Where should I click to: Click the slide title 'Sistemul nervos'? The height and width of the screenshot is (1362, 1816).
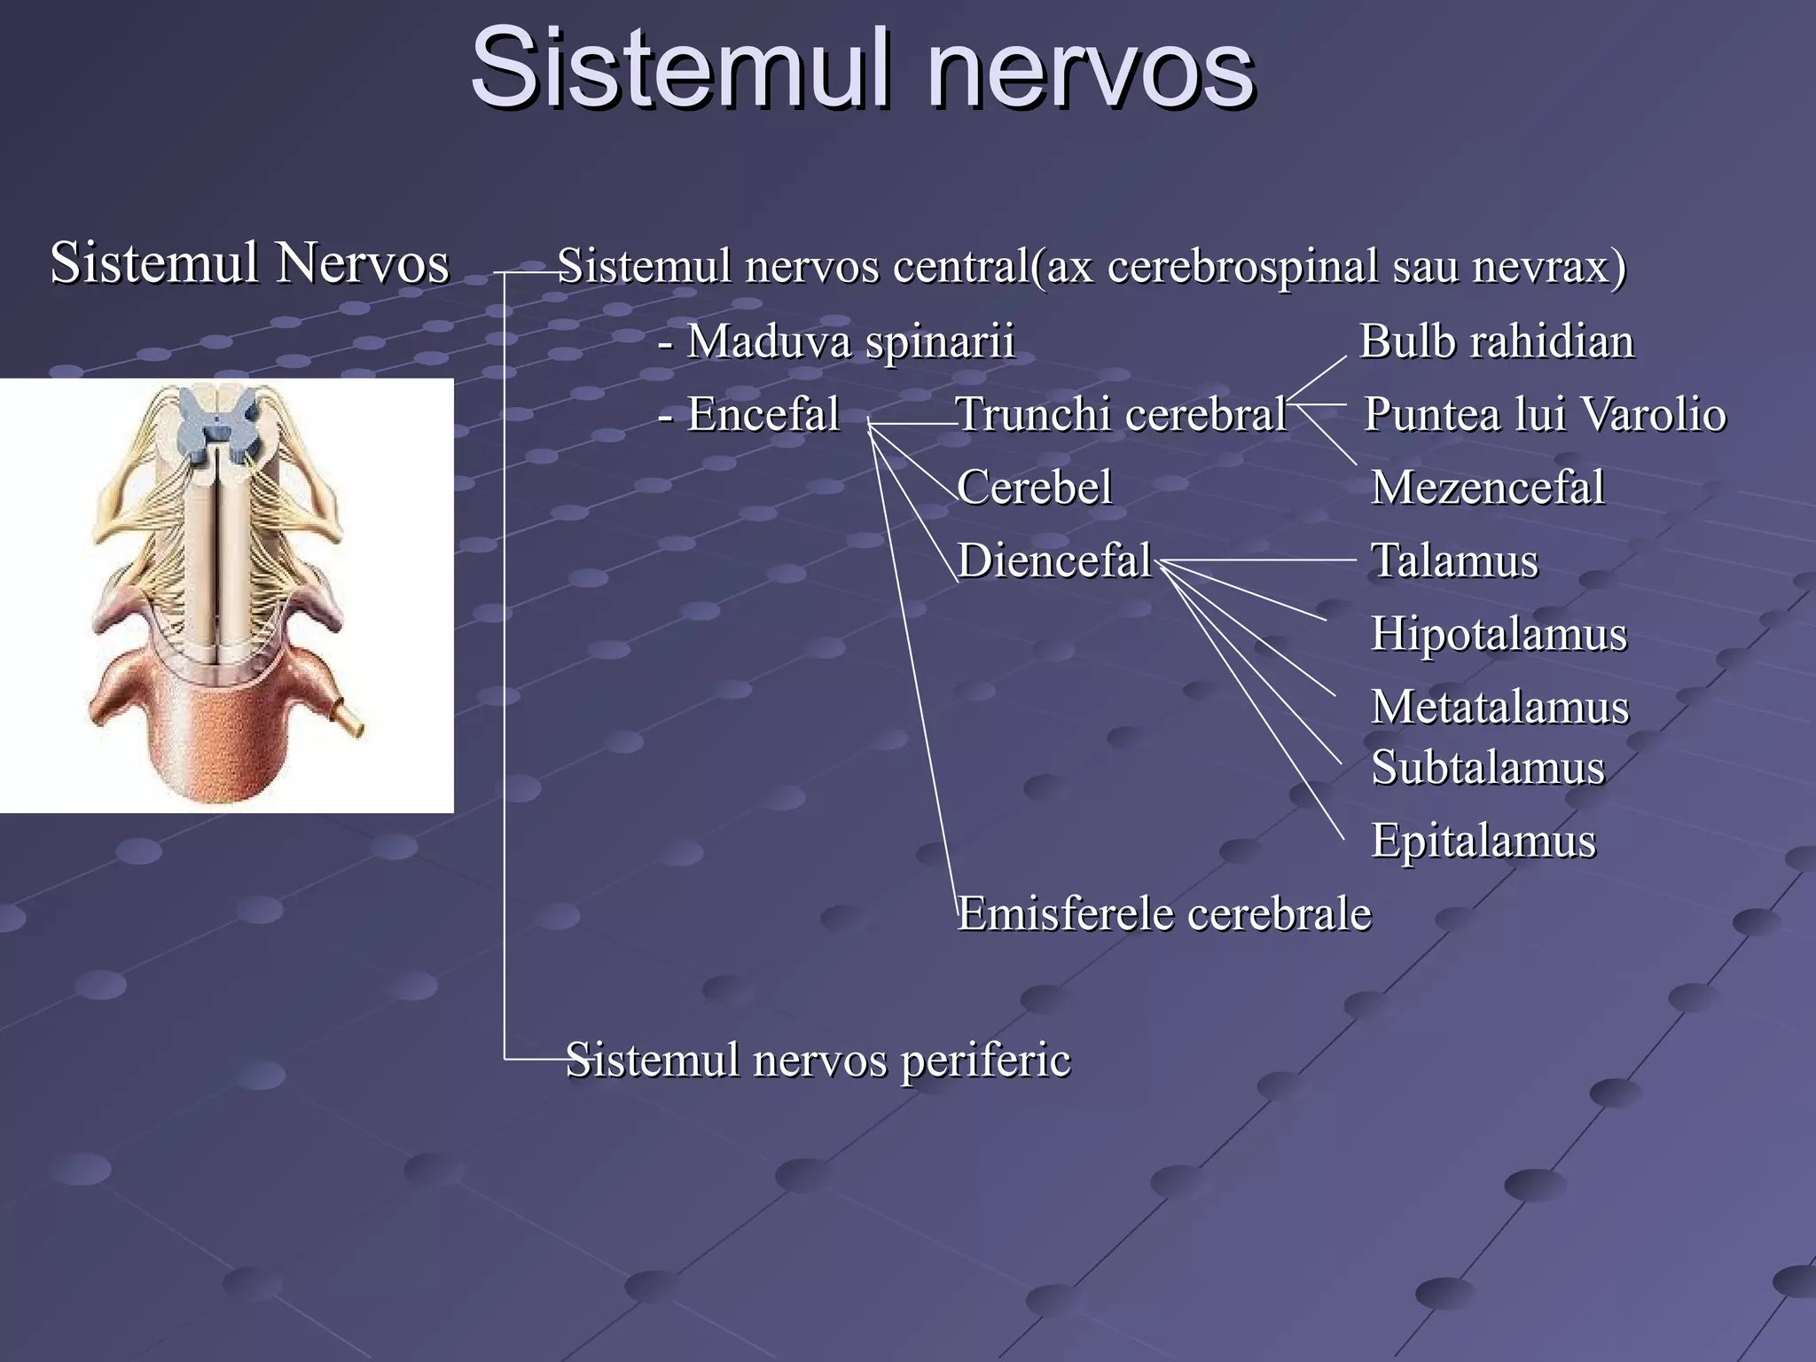pos(862,69)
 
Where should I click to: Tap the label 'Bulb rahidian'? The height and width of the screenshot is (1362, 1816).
pos(1497,341)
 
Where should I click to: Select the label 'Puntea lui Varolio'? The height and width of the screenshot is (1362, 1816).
pos(1545,414)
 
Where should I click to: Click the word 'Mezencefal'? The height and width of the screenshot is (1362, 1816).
pos(1488,487)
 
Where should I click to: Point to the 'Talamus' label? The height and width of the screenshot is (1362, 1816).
pos(1454,560)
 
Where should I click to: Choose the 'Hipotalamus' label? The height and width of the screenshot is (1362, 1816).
pos(1499,634)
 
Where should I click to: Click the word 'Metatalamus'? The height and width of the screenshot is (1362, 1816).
pos(1500,708)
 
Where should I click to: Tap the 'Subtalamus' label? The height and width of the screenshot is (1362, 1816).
pos(1488,767)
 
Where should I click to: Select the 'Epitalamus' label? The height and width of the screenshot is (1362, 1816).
pos(1483,840)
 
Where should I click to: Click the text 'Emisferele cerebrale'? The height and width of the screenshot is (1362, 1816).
pos(1164,913)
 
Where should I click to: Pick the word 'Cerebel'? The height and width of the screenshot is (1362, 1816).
pos(1034,487)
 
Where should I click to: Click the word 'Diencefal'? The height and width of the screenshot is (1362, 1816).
pos(1054,560)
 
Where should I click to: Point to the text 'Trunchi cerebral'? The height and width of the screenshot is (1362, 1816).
pos(1122,414)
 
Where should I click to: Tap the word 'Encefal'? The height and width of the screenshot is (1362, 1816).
pos(763,414)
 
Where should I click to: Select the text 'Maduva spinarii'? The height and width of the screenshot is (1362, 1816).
pos(849,341)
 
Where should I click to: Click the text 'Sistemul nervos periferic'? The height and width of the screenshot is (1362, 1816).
pos(818,1060)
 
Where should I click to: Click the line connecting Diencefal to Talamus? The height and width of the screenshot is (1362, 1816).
pos(1259,560)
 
